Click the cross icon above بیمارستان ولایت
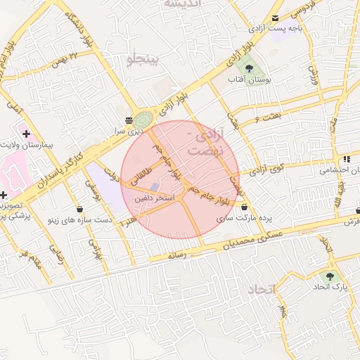(26, 133)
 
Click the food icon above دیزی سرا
(129, 120)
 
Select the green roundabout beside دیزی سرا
(143, 119)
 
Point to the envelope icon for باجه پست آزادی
(275, 18)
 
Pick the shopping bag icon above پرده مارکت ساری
(244, 207)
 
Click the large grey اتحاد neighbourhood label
(262, 289)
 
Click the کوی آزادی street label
(269, 168)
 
